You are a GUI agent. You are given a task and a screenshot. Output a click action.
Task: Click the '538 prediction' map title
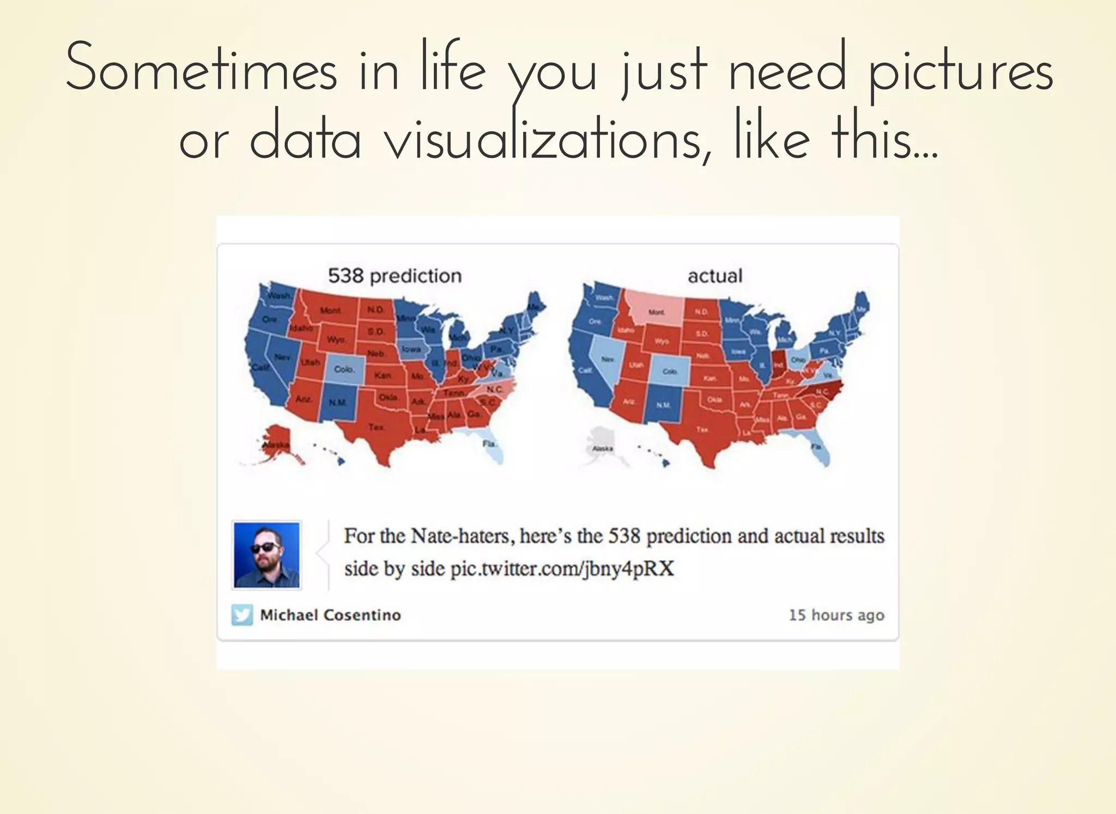[395, 276]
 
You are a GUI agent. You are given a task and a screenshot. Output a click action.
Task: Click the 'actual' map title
[715, 276]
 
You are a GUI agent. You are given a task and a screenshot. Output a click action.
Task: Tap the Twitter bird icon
[242, 615]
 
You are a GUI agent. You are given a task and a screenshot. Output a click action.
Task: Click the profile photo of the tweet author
[267, 555]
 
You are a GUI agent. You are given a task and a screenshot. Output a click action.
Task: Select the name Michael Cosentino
[330, 615]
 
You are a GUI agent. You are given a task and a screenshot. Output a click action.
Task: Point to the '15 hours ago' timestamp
[836, 615]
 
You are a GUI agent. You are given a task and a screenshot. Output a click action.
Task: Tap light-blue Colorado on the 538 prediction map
[344, 369]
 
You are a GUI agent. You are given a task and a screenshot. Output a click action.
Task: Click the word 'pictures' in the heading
[960, 73]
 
